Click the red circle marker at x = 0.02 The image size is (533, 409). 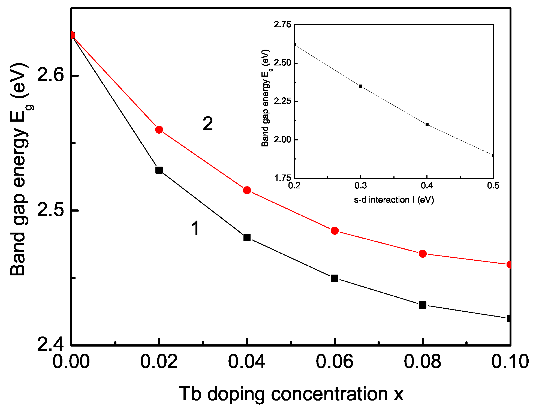tap(159, 130)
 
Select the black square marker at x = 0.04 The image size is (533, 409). tap(247, 237)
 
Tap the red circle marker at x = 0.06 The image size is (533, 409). tap(335, 231)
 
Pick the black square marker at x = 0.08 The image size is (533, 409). tap(422, 305)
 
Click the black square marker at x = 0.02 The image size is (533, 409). tap(159, 170)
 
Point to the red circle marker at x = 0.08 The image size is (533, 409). tap(422, 254)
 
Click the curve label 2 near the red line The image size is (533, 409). tap(208, 124)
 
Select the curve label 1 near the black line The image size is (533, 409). tap(195, 228)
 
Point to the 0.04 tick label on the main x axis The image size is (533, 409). tap(246, 361)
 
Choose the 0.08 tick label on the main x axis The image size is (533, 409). tap(422, 361)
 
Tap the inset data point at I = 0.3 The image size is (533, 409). tap(361, 86)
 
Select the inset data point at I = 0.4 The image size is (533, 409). tap(427, 125)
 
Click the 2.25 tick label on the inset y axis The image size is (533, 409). tap(282, 101)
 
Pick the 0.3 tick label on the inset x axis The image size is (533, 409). tap(360, 186)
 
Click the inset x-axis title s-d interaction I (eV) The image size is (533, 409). tap(394, 200)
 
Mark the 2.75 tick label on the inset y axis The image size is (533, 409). tap(282, 25)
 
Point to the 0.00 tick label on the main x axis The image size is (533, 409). tap(71, 361)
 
